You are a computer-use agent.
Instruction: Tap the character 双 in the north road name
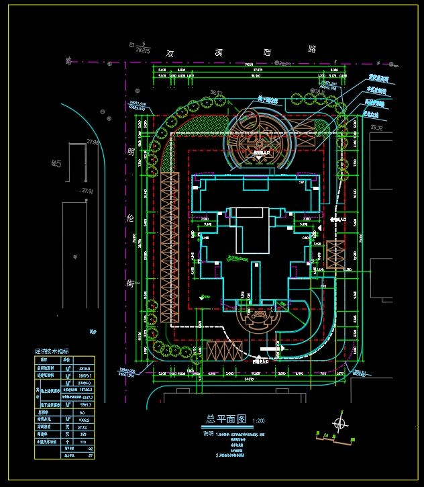point(171,51)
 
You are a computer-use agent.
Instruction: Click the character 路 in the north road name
point(311,49)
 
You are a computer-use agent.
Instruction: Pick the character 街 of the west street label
point(131,283)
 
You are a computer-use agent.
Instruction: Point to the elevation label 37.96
point(93,142)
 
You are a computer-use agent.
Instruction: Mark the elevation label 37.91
point(86,191)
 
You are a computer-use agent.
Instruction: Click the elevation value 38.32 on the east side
point(376,128)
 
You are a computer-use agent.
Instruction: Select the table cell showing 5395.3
point(86,405)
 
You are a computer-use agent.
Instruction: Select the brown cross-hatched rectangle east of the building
point(335,255)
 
